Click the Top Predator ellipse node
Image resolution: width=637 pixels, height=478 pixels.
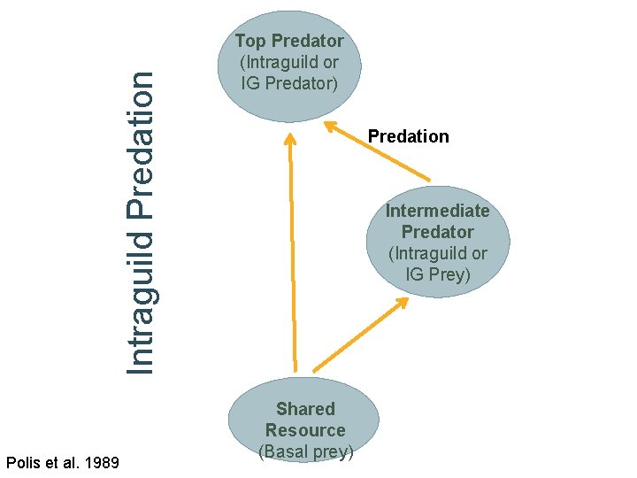point(289,71)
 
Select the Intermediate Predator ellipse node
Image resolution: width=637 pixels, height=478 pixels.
point(438,242)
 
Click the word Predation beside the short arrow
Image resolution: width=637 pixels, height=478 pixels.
point(408,136)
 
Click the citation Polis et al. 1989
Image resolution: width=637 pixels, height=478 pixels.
point(63,461)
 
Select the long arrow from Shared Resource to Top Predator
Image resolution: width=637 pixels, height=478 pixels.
point(291,257)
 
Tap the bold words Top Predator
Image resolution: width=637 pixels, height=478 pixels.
point(289,41)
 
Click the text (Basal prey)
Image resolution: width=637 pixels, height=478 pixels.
point(305,451)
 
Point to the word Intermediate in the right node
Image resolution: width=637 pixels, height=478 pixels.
point(437,211)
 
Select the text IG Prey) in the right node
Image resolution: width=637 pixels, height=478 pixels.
point(438,274)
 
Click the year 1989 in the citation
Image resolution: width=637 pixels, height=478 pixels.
point(103,461)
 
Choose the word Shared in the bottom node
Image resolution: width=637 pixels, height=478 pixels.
point(305,409)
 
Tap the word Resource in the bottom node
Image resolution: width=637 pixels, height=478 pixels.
point(305,430)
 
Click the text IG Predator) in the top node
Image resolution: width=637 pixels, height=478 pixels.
point(289,83)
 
